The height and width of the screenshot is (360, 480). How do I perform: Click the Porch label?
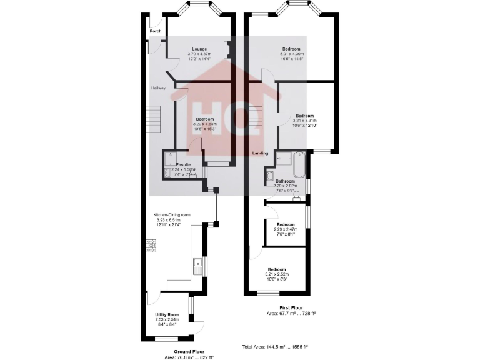[155, 31]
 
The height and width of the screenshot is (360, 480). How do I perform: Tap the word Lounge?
[199, 49]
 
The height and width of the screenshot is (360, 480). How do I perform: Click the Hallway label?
[158, 88]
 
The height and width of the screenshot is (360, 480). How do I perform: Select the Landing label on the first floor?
[261, 153]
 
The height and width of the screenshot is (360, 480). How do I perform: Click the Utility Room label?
[167, 314]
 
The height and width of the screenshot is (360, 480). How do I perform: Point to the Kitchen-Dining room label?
[173, 215]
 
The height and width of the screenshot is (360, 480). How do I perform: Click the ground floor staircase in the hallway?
[154, 119]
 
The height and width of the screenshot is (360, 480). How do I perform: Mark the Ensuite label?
[183, 164]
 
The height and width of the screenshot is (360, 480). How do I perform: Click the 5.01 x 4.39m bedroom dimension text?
[291, 54]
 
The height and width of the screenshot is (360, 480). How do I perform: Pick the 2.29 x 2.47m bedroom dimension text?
[286, 229]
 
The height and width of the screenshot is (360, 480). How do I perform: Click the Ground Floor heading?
[189, 352]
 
